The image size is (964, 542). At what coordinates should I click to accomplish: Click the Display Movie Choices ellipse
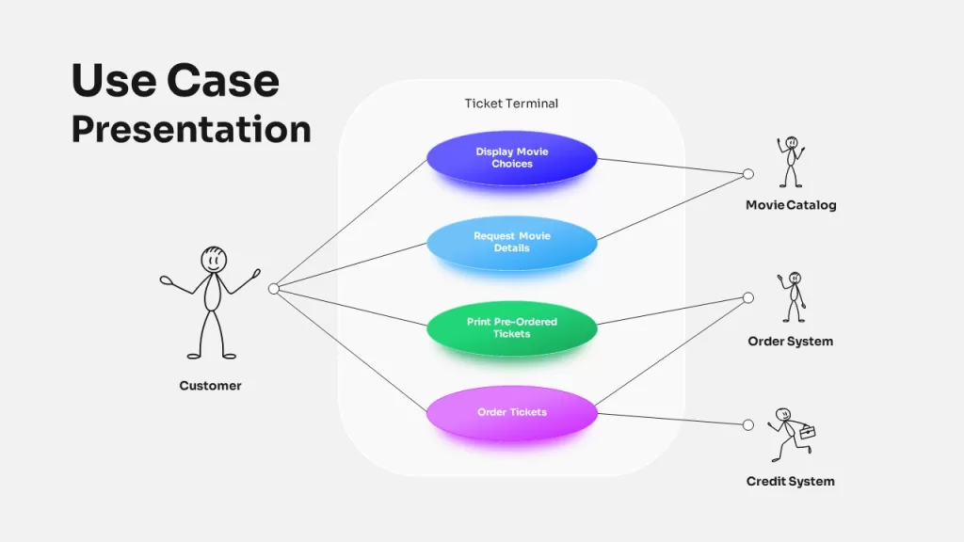click(x=511, y=158)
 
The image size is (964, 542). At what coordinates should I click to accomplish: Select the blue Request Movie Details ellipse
click(x=511, y=243)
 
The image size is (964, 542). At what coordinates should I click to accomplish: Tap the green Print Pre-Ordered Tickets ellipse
click(x=511, y=328)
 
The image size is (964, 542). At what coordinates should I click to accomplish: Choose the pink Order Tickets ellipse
click(x=511, y=413)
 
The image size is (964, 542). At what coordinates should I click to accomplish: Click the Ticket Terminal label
click(x=511, y=104)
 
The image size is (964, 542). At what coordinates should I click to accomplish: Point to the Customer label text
click(x=210, y=385)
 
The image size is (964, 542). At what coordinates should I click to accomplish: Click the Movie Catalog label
click(x=791, y=205)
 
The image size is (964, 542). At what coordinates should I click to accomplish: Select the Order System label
click(x=791, y=341)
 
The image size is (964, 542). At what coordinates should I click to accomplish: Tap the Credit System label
click(x=791, y=481)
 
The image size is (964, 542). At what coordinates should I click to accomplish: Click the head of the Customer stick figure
click(x=214, y=260)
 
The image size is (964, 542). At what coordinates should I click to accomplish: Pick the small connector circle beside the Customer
click(x=274, y=289)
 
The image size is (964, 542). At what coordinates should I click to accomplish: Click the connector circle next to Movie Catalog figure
click(x=748, y=174)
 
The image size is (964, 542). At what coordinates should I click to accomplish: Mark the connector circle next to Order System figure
click(x=748, y=298)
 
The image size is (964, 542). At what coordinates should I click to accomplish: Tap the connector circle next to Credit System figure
click(x=748, y=424)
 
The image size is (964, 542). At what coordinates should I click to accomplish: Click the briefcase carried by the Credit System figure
click(x=807, y=433)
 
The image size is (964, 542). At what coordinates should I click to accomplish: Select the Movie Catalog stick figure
click(x=791, y=162)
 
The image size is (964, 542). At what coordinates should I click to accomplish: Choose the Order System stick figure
click(x=792, y=296)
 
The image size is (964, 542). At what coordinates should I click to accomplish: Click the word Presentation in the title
click(x=191, y=130)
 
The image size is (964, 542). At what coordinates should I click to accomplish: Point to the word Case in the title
click(x=222, y=81)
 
